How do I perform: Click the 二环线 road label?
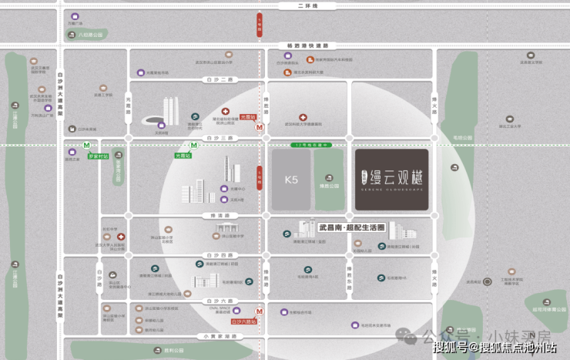pos(308,6)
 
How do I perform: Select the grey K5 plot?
pos(291,180)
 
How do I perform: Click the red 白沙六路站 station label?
pos(243,321)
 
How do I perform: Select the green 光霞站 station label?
pos(183,155)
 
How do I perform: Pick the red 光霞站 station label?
pos(248,116)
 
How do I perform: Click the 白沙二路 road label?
pos(215,79)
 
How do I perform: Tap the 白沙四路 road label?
pos(215,255)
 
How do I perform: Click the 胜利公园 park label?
pos(174,351)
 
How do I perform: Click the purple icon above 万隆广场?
pos(75,16)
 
